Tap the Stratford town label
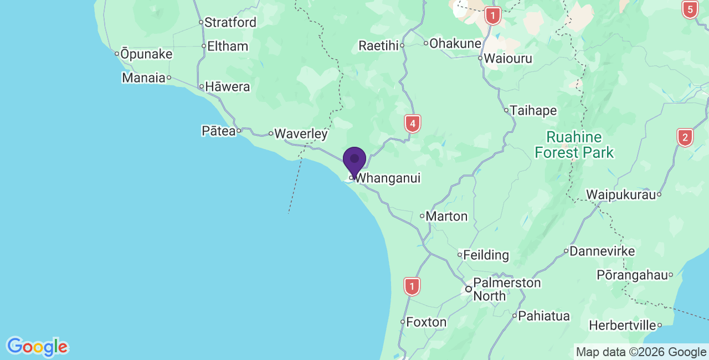(230, 23)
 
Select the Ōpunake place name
(146, 54)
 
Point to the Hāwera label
(227, 87)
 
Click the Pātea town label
(219, 131)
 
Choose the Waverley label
(301, 133)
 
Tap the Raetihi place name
(379, 45)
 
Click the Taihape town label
(533, 111)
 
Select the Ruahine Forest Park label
(574, 145)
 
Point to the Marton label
(446, 216)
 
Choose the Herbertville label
(623, 325)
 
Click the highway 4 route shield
(412, 124)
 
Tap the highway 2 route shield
(685, 137)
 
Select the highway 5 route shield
(690, 9)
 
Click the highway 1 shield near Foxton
(412, 286)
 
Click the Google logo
(37, 347)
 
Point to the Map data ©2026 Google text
(641, 352)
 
